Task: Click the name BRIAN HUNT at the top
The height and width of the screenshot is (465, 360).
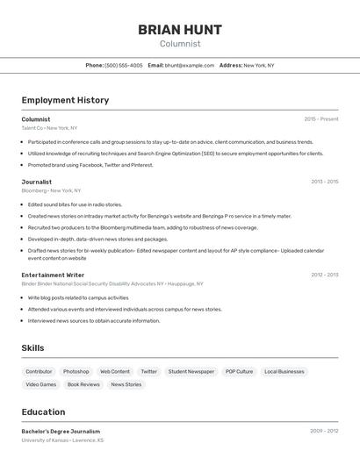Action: point(180,30)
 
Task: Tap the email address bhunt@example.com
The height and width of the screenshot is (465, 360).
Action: point(190,65)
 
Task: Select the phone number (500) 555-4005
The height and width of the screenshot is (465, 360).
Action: point(124,65)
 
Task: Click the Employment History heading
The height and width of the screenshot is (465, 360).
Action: point(65,100)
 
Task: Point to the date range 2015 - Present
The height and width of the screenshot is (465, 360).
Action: point(320,119)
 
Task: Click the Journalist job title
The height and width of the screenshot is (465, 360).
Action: point(37,182)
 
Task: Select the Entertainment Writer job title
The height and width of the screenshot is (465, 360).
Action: point(53,275)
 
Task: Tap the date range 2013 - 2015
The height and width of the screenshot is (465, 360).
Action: point(324,182)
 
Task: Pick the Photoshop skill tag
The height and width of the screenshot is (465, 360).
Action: point(76,371)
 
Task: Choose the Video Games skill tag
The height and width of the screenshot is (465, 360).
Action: point(40,384)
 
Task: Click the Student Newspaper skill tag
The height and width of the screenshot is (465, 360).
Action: point(191,371)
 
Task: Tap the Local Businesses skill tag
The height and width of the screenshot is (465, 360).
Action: point(284,371)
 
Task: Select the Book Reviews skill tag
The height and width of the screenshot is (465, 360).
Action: point(83,384)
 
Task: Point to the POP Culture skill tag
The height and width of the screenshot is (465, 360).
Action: point(239,371)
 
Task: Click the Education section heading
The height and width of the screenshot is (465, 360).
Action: point(43,411)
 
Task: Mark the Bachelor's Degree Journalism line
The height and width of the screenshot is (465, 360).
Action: point(61,432)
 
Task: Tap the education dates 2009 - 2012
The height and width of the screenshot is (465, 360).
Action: point(324,432)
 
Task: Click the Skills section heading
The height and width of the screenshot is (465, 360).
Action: point(32,348)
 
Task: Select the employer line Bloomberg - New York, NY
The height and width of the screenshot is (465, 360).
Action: point(51,190)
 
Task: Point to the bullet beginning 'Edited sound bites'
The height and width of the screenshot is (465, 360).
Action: point(75,204)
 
